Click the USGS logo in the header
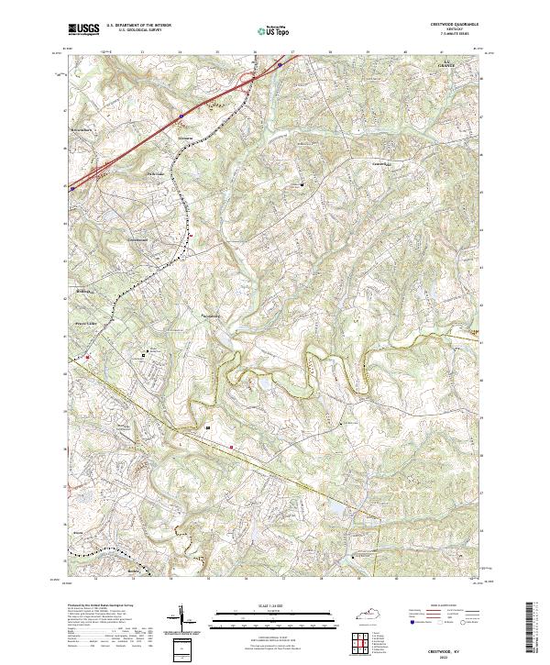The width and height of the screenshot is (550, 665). click(x=83, y=30)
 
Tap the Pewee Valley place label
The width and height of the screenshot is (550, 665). click(x=88, y=322)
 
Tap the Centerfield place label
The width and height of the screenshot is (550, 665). click(x=381, y=162)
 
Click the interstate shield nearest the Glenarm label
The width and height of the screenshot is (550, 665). click(x=181, y=116)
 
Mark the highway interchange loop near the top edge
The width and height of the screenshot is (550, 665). click(x=247, y=81)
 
